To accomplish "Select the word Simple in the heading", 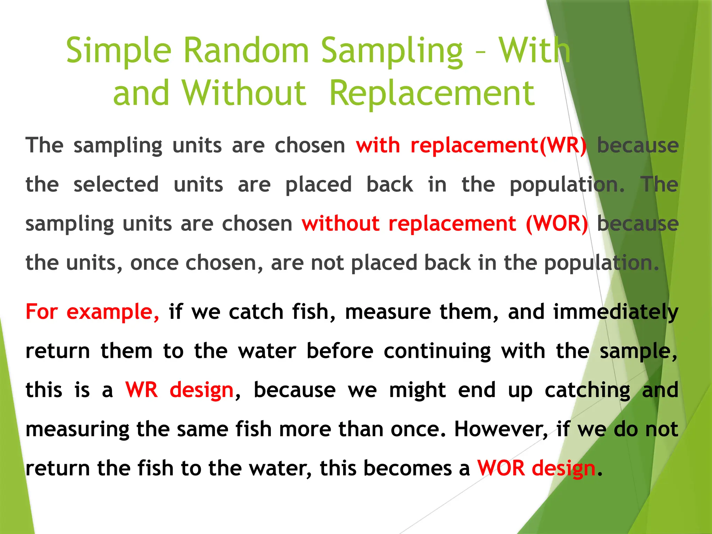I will (119, 51).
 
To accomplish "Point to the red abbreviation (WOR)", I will (557, 223).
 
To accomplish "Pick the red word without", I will (340, 223).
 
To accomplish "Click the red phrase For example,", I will (92, 311).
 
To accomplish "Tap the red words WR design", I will (179, 390).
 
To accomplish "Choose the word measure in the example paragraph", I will (388, 311).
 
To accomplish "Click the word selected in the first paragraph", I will (116, 184).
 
